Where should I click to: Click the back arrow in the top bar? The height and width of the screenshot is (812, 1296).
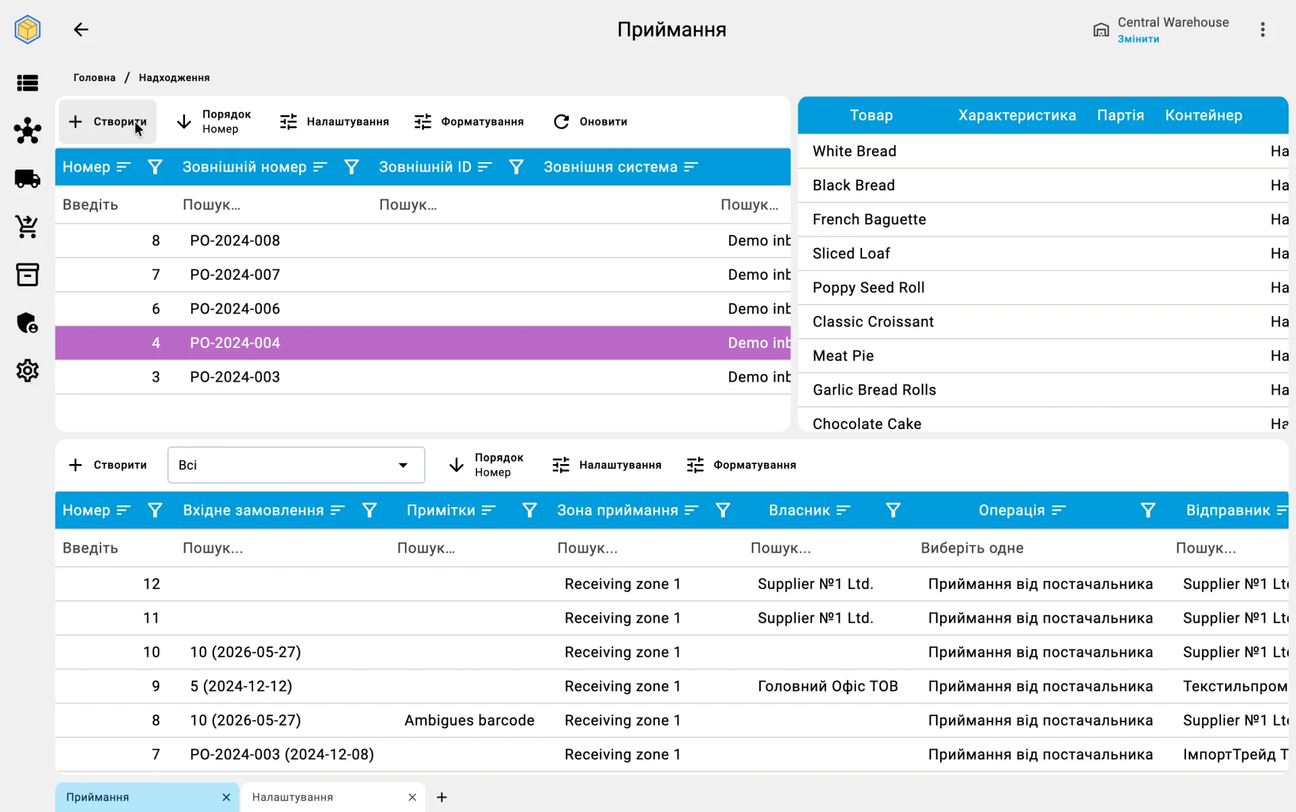(x=81, y=29)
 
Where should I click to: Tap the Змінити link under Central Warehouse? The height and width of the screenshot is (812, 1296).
(x=1138, y=39)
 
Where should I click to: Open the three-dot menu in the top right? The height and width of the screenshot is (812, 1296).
(x=1262, y=29)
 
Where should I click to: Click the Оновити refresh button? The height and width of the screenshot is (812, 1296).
(x=591, y=122)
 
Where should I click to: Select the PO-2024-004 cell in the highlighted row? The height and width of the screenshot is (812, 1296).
(x=235, y=343)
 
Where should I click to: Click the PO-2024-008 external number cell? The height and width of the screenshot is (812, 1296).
(x=235, y=240)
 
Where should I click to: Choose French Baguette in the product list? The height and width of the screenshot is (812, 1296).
(x=869, y=220)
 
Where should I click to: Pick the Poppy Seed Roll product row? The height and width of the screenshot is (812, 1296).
(x=869, y=288)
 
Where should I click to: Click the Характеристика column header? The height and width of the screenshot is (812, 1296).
(x=1017, y=116)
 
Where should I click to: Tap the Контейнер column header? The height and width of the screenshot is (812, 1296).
(x=1204, y=116)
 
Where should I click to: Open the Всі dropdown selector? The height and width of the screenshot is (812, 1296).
(x=296, y=465)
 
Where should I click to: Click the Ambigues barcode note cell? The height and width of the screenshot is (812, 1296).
(x=469, y=721)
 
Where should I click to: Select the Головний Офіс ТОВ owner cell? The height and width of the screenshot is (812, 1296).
(x=828, y=686)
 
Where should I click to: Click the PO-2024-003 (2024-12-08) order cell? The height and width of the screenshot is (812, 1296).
(x=282, y=755)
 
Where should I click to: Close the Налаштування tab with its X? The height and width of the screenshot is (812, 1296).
(x=412, y=797)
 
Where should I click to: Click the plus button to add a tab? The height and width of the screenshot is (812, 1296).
(x=441, y=797)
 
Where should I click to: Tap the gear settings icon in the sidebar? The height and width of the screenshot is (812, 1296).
(x=28, y=371)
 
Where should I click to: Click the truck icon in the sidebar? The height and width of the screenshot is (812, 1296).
(x=28, y=178)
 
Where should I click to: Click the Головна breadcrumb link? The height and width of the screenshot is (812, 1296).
(x=94, y=78)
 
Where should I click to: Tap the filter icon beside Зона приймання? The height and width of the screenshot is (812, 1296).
(x=723, y=511)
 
